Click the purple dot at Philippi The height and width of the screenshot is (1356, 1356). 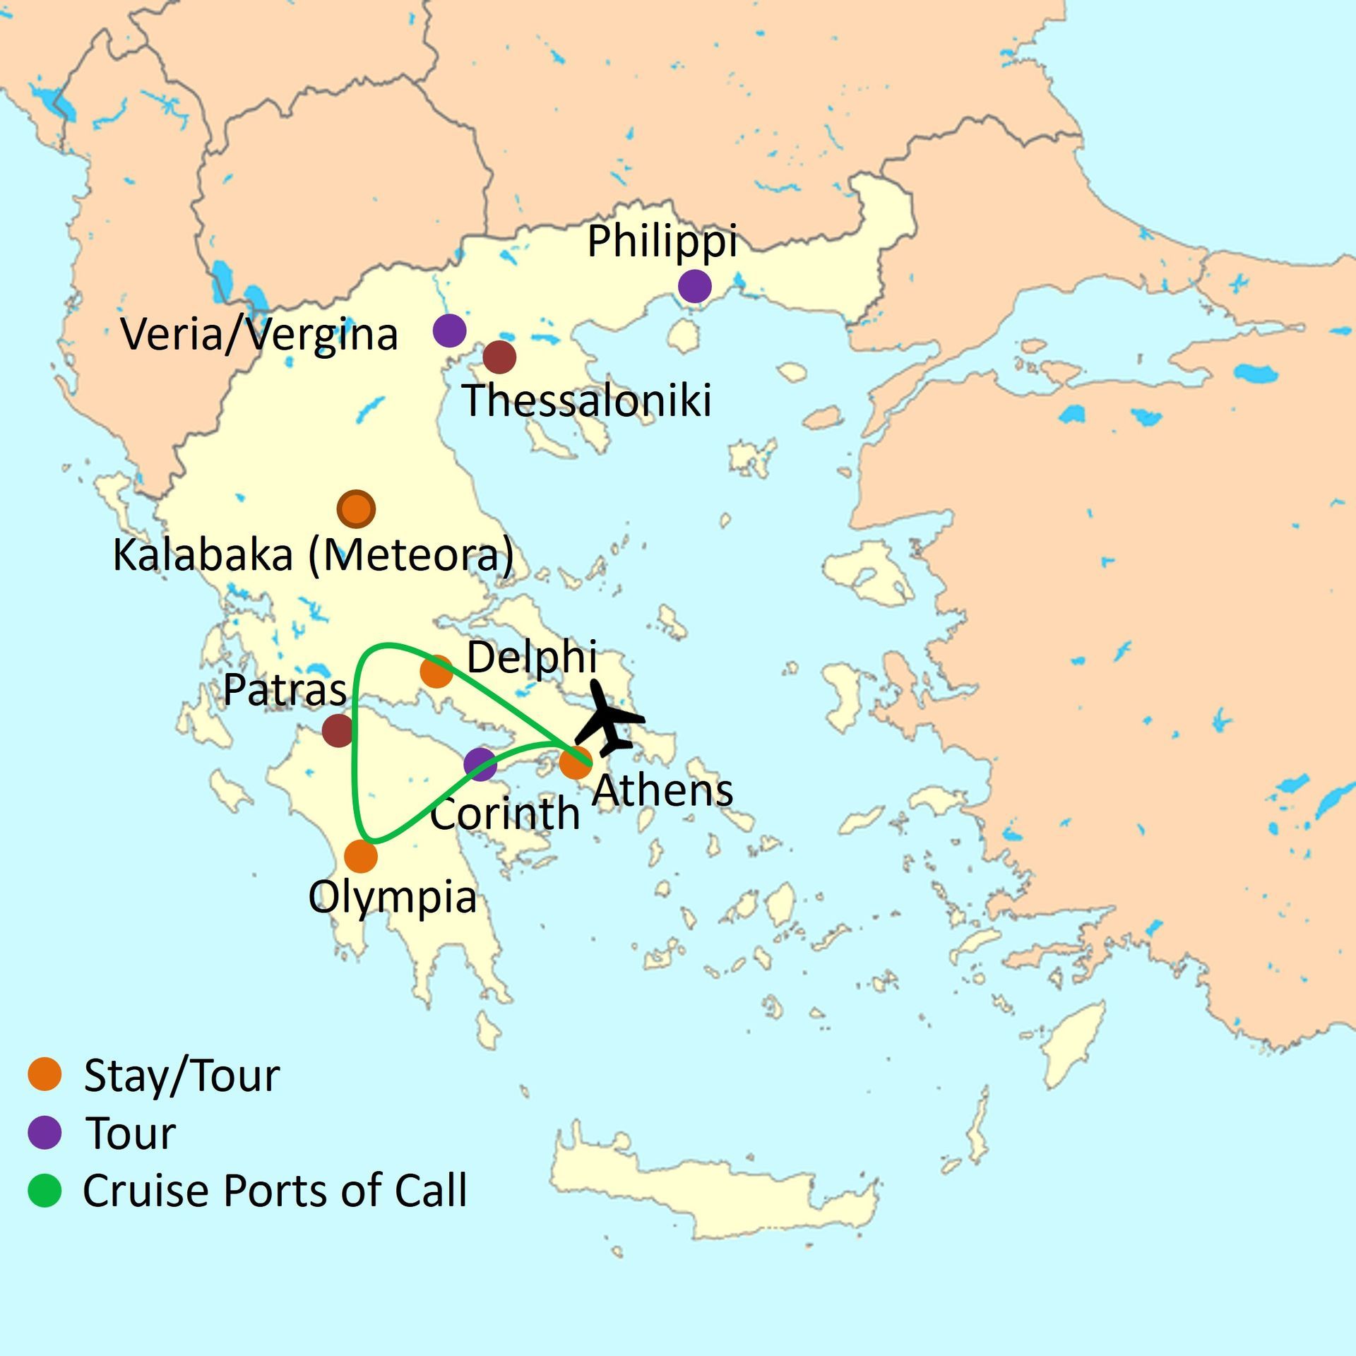click(694, 286)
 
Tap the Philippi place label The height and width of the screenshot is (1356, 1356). click(662, 242)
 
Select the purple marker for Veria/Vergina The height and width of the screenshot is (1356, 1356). click(449, 330)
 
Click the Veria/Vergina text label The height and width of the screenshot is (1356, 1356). click(259, 334)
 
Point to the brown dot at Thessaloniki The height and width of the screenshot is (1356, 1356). click(499, 357)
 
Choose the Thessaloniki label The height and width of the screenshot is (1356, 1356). click(586, 400)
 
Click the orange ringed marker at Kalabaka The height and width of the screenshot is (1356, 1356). click(356, 509)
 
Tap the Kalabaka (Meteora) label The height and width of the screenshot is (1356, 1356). click(313, 555)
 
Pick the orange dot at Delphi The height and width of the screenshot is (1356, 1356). click(436, 672)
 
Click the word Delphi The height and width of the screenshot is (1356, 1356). click(532, 658)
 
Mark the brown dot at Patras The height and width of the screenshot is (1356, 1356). click(338, 730)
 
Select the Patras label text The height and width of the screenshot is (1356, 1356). click(285, 690)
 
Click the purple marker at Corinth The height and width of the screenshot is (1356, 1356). click(480, 764)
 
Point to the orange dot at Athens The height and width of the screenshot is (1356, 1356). click(575, 763)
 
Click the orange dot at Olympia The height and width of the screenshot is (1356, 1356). click(361, 856)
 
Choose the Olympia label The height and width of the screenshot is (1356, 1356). click(392, 898)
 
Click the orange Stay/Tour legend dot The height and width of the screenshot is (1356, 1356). click(44, 1074)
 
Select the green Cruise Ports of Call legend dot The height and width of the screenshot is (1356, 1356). click(44, 1190)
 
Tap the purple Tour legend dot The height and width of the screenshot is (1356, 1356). click(44, 1132)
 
